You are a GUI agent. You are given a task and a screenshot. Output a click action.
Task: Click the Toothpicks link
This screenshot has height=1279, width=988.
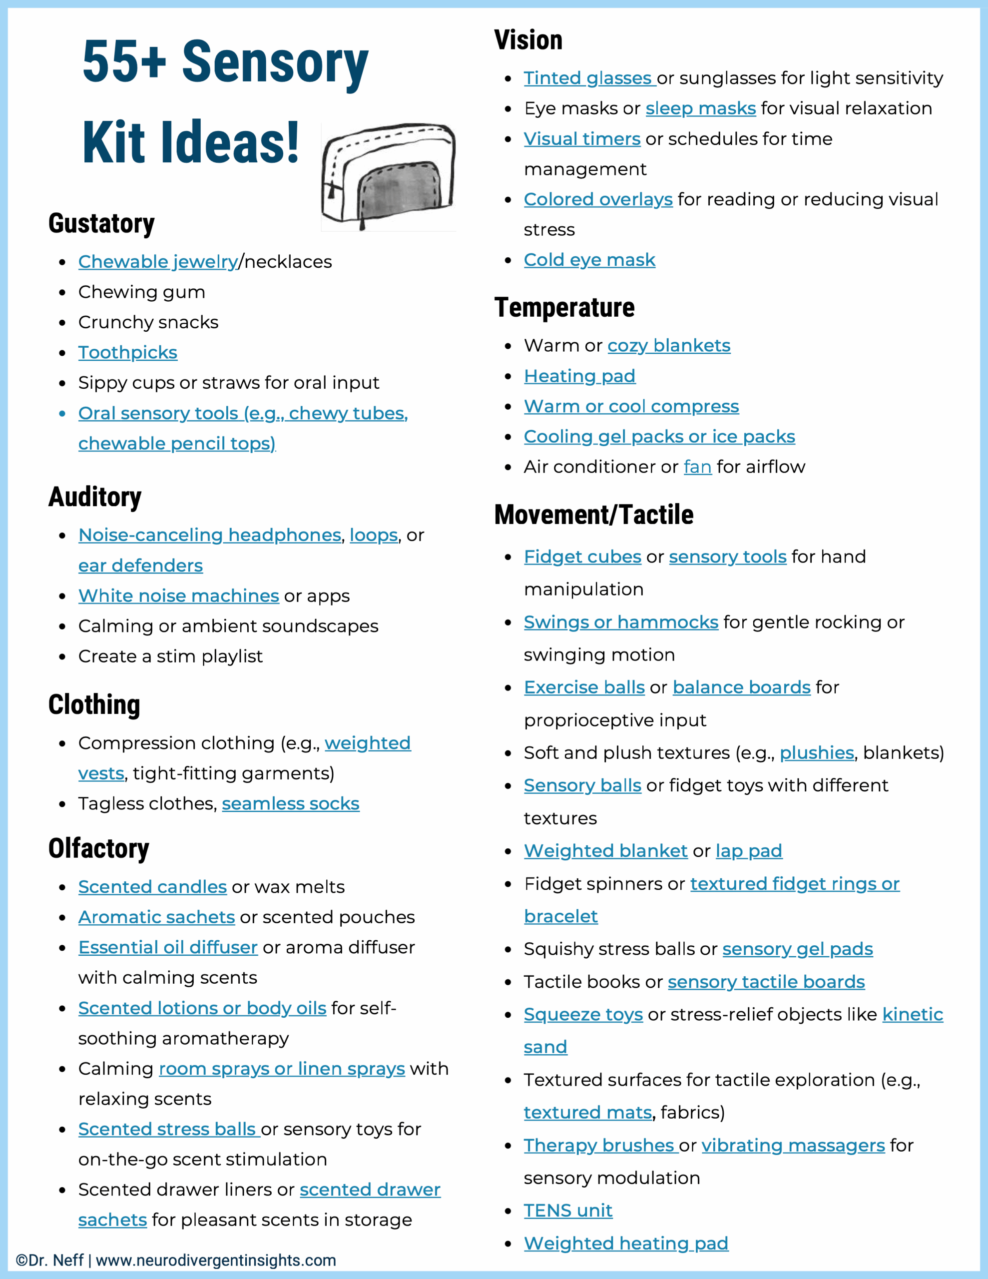click(128, 353)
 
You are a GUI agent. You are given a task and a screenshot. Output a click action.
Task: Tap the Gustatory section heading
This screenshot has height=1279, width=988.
click(101, 224)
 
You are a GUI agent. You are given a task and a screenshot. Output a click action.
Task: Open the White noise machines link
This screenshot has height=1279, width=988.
click(179, 596)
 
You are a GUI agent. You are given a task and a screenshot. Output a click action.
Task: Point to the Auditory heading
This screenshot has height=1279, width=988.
click(95, 497)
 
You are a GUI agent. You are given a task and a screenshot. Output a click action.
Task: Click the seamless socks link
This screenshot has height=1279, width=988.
click(291, 803)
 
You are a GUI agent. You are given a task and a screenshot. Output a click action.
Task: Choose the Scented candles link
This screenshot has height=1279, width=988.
click(152, 887)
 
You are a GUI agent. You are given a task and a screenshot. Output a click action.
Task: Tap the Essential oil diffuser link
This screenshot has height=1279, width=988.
click(168, 947)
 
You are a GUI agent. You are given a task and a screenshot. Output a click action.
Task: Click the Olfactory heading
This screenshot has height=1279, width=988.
click(98, 848)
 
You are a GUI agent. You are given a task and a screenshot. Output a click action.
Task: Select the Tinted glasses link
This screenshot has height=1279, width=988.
click(588, 78)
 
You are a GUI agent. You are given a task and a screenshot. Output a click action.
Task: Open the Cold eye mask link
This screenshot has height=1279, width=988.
click(589, 259)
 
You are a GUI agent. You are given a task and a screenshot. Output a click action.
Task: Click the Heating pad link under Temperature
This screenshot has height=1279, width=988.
click(579, 376)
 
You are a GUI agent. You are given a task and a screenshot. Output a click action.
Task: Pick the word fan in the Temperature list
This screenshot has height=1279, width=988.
click(697, 467)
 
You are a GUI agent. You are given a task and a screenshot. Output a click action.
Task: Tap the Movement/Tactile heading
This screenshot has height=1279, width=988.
click(593, 515)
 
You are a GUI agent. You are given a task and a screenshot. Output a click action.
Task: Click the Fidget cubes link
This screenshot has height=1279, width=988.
click(582, 557)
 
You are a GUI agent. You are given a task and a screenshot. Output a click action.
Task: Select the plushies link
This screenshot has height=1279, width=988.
click(816, 752)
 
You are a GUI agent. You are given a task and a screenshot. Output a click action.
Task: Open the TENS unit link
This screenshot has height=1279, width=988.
click(567, 1211)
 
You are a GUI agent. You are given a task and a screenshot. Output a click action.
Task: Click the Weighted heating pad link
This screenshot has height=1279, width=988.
click(625, 1243)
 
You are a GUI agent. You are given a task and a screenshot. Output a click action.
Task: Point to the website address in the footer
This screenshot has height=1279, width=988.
click(215, 1260)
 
